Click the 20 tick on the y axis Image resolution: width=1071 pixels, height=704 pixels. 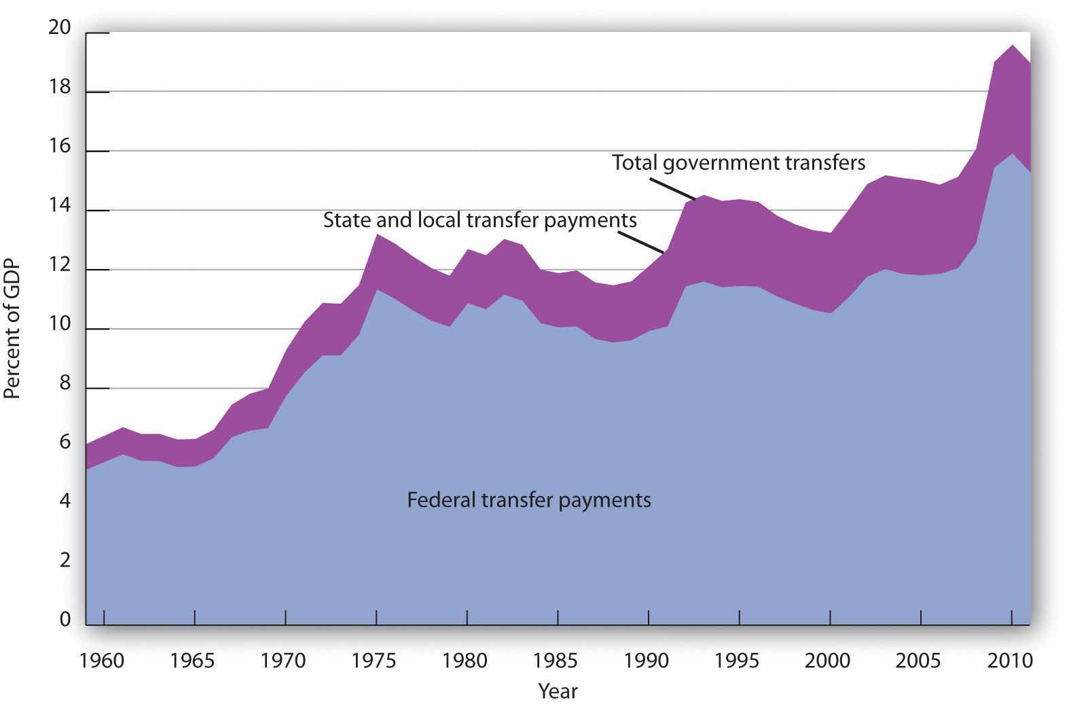[x=60, y=28]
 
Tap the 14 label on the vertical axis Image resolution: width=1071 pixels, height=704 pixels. [x=60, y=207]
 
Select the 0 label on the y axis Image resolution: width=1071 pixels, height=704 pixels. [x=65, y=620]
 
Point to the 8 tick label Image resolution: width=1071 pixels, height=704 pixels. [x=65, y=384]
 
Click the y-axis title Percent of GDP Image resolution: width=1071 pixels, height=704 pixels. [x=13, y=330]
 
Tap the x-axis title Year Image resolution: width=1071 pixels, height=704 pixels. [x=558, y=690]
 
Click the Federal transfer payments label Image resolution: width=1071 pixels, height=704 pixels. [x=528, y=500]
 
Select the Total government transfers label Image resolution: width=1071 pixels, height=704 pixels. [x=738, y=162]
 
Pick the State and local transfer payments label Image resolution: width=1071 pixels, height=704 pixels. [x=479, y=220]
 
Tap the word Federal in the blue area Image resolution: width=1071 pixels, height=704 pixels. [x=441, y=500]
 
